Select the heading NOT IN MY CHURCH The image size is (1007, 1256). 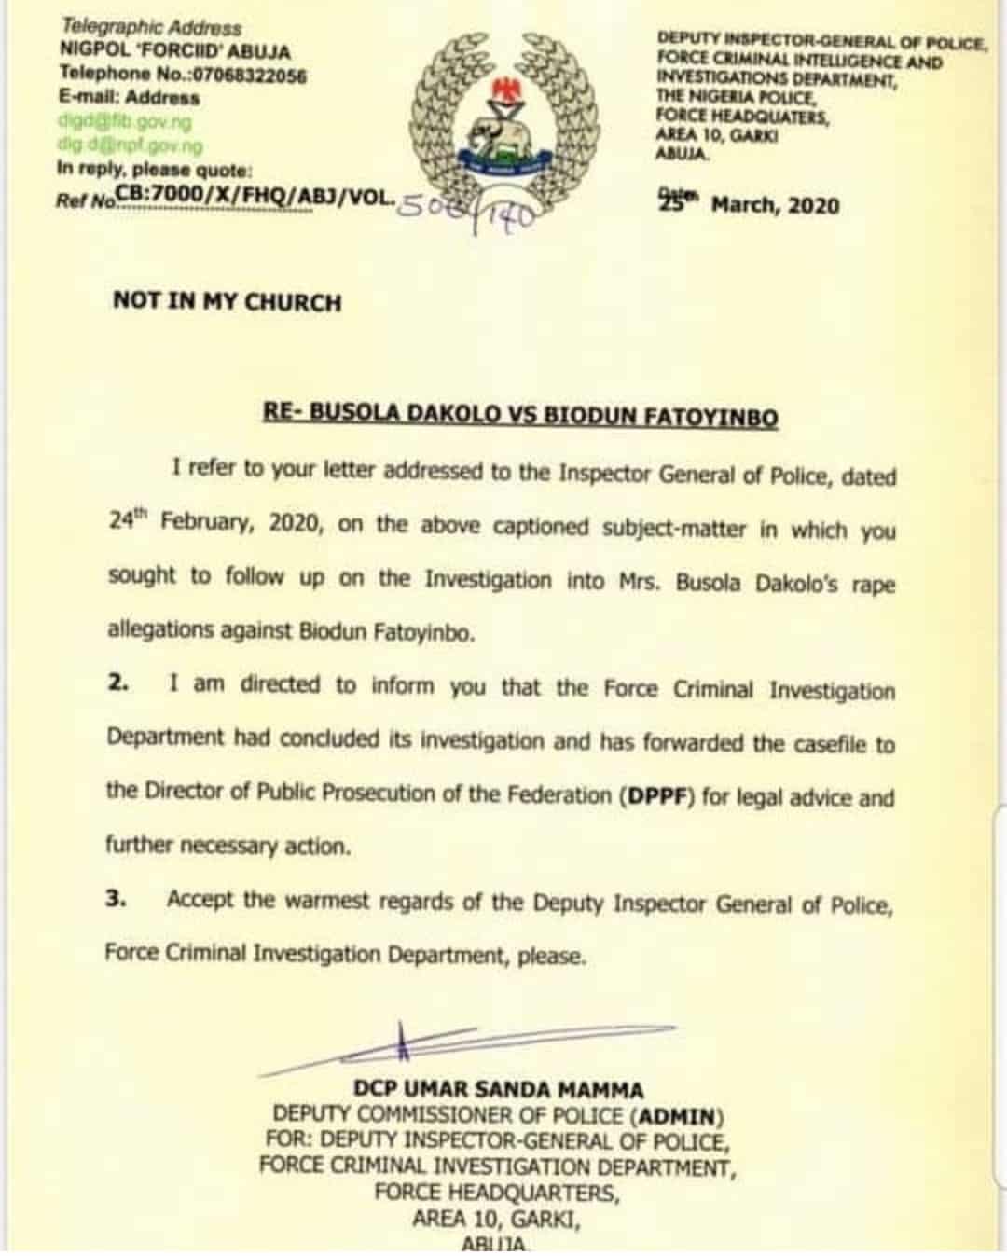227,301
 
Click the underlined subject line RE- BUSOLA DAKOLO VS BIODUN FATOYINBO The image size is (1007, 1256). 520,415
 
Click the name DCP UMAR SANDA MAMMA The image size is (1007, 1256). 498,1089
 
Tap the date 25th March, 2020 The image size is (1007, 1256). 749,204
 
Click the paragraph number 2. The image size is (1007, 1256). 117,683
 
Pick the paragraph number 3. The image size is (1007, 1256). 116,900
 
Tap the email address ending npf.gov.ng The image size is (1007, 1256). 130,145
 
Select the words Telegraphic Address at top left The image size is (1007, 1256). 151,28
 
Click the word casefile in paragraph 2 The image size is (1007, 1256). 828,744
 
